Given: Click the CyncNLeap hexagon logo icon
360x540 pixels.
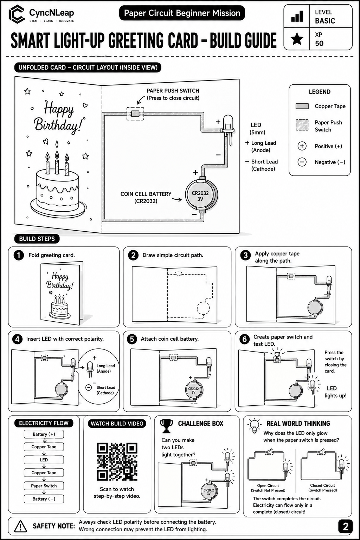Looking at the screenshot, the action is pyautogui.click(x=17, y=14).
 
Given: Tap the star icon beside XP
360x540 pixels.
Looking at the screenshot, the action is pyautogui.click(x=297, y=39).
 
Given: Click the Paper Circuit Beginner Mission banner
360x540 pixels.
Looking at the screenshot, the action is pyautogui.click(x=182, y=13).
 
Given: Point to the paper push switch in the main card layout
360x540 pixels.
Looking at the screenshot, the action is pyautogui.click(x=135, y=114).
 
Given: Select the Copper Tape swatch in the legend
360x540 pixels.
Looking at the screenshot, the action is pyautogui.click(x=302, y=106).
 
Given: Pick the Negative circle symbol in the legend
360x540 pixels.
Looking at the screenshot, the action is pyautogui.click(x=302, y=162).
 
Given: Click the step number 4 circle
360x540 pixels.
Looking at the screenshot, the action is pyautogui.click(x=17, y=339).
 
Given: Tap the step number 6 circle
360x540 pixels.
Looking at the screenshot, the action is pyautogui.click(x=244, y=339).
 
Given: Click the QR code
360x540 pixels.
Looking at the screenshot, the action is pyautogui.click(x=117, y=462).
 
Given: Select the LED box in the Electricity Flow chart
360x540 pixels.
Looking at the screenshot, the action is pyautogui.click(x=44, y=460).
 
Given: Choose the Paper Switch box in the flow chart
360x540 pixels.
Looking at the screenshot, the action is pyautogui.click(x=44, y=486).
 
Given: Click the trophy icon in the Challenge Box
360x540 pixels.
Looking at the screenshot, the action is pyautogui.click(x=166, y=426).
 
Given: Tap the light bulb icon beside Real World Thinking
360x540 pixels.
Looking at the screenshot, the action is pyautogui.click(x=254, y=426).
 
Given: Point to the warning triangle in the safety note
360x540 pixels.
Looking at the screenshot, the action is pyautogui.click(x=20, y=526).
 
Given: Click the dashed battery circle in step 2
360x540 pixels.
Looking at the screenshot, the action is pyautogui.click(x=203, y=308).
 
